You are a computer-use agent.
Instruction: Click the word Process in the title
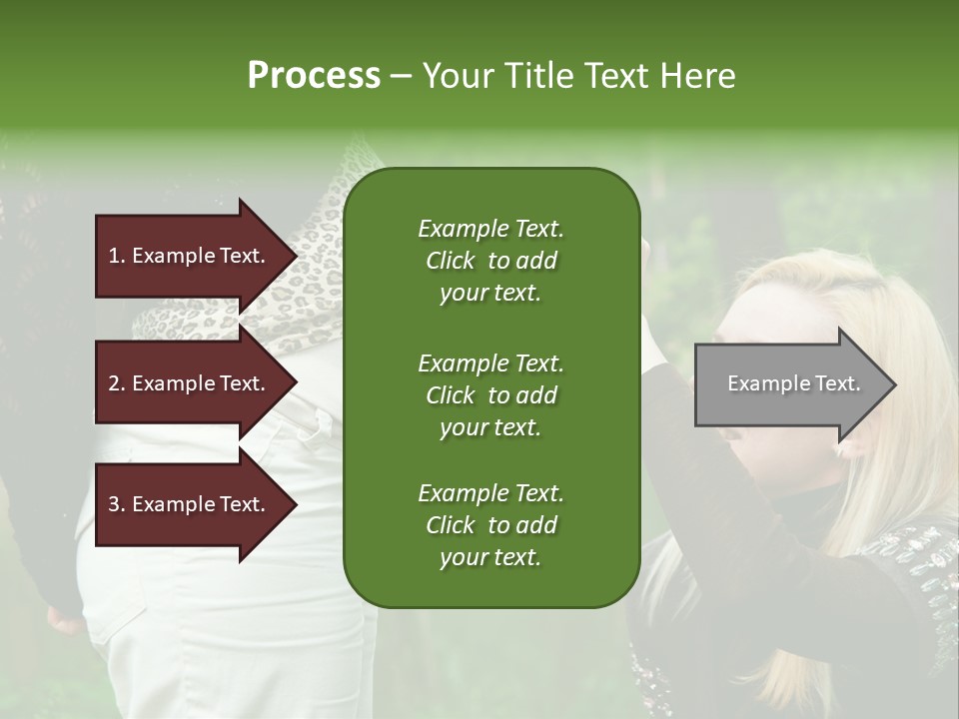[x=314, y=75]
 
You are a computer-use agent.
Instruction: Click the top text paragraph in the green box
[x=490, y=261]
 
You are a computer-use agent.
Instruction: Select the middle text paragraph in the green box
[x=490, y=394]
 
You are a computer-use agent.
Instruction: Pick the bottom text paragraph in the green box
[x=490, y=525]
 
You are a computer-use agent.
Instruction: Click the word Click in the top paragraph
[x=451, y=261]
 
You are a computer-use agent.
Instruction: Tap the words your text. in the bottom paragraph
[x=490, y=557]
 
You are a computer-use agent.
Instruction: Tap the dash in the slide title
[x=401, y=76]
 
